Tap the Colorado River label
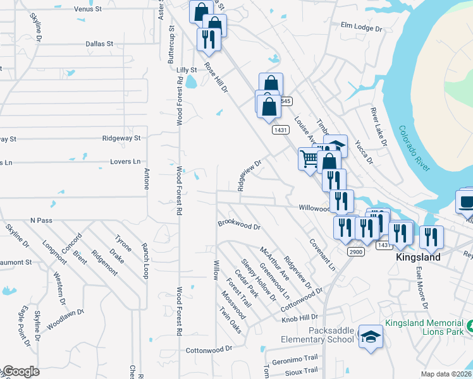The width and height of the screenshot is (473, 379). pyautogui.click(x=414, y=148)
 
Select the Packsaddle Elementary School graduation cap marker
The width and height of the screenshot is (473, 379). pyautogui.click(x=370, y=337)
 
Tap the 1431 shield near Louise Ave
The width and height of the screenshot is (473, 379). pyautogui.click(x=281, y=129)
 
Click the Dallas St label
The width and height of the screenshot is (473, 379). pyautogui.click(x=99, y=44)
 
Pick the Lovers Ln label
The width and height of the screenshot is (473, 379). pyautogui.click(x=125, y=162)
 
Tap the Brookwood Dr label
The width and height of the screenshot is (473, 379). pyautogui.click(x=239, y=224)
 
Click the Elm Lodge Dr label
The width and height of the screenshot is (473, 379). pyautogui.click(x=362, y=28)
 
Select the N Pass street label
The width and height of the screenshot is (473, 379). pyautogui.click(x=41, y=220)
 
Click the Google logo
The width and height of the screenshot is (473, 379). pyautogui.click(x=20, y=372)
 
